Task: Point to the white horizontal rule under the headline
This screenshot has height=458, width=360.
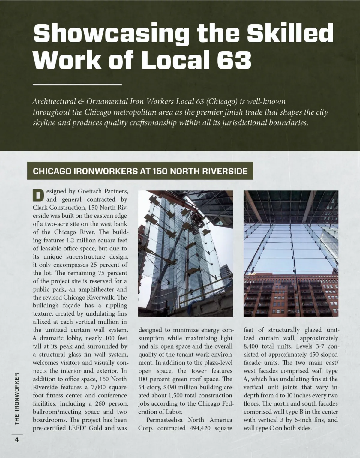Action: (x=77, y=85)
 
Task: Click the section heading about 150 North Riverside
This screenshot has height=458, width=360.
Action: (x=140, y=171)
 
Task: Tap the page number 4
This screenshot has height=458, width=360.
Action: (x=17, y=439)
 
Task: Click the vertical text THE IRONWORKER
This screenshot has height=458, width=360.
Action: (x=17, y=399)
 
